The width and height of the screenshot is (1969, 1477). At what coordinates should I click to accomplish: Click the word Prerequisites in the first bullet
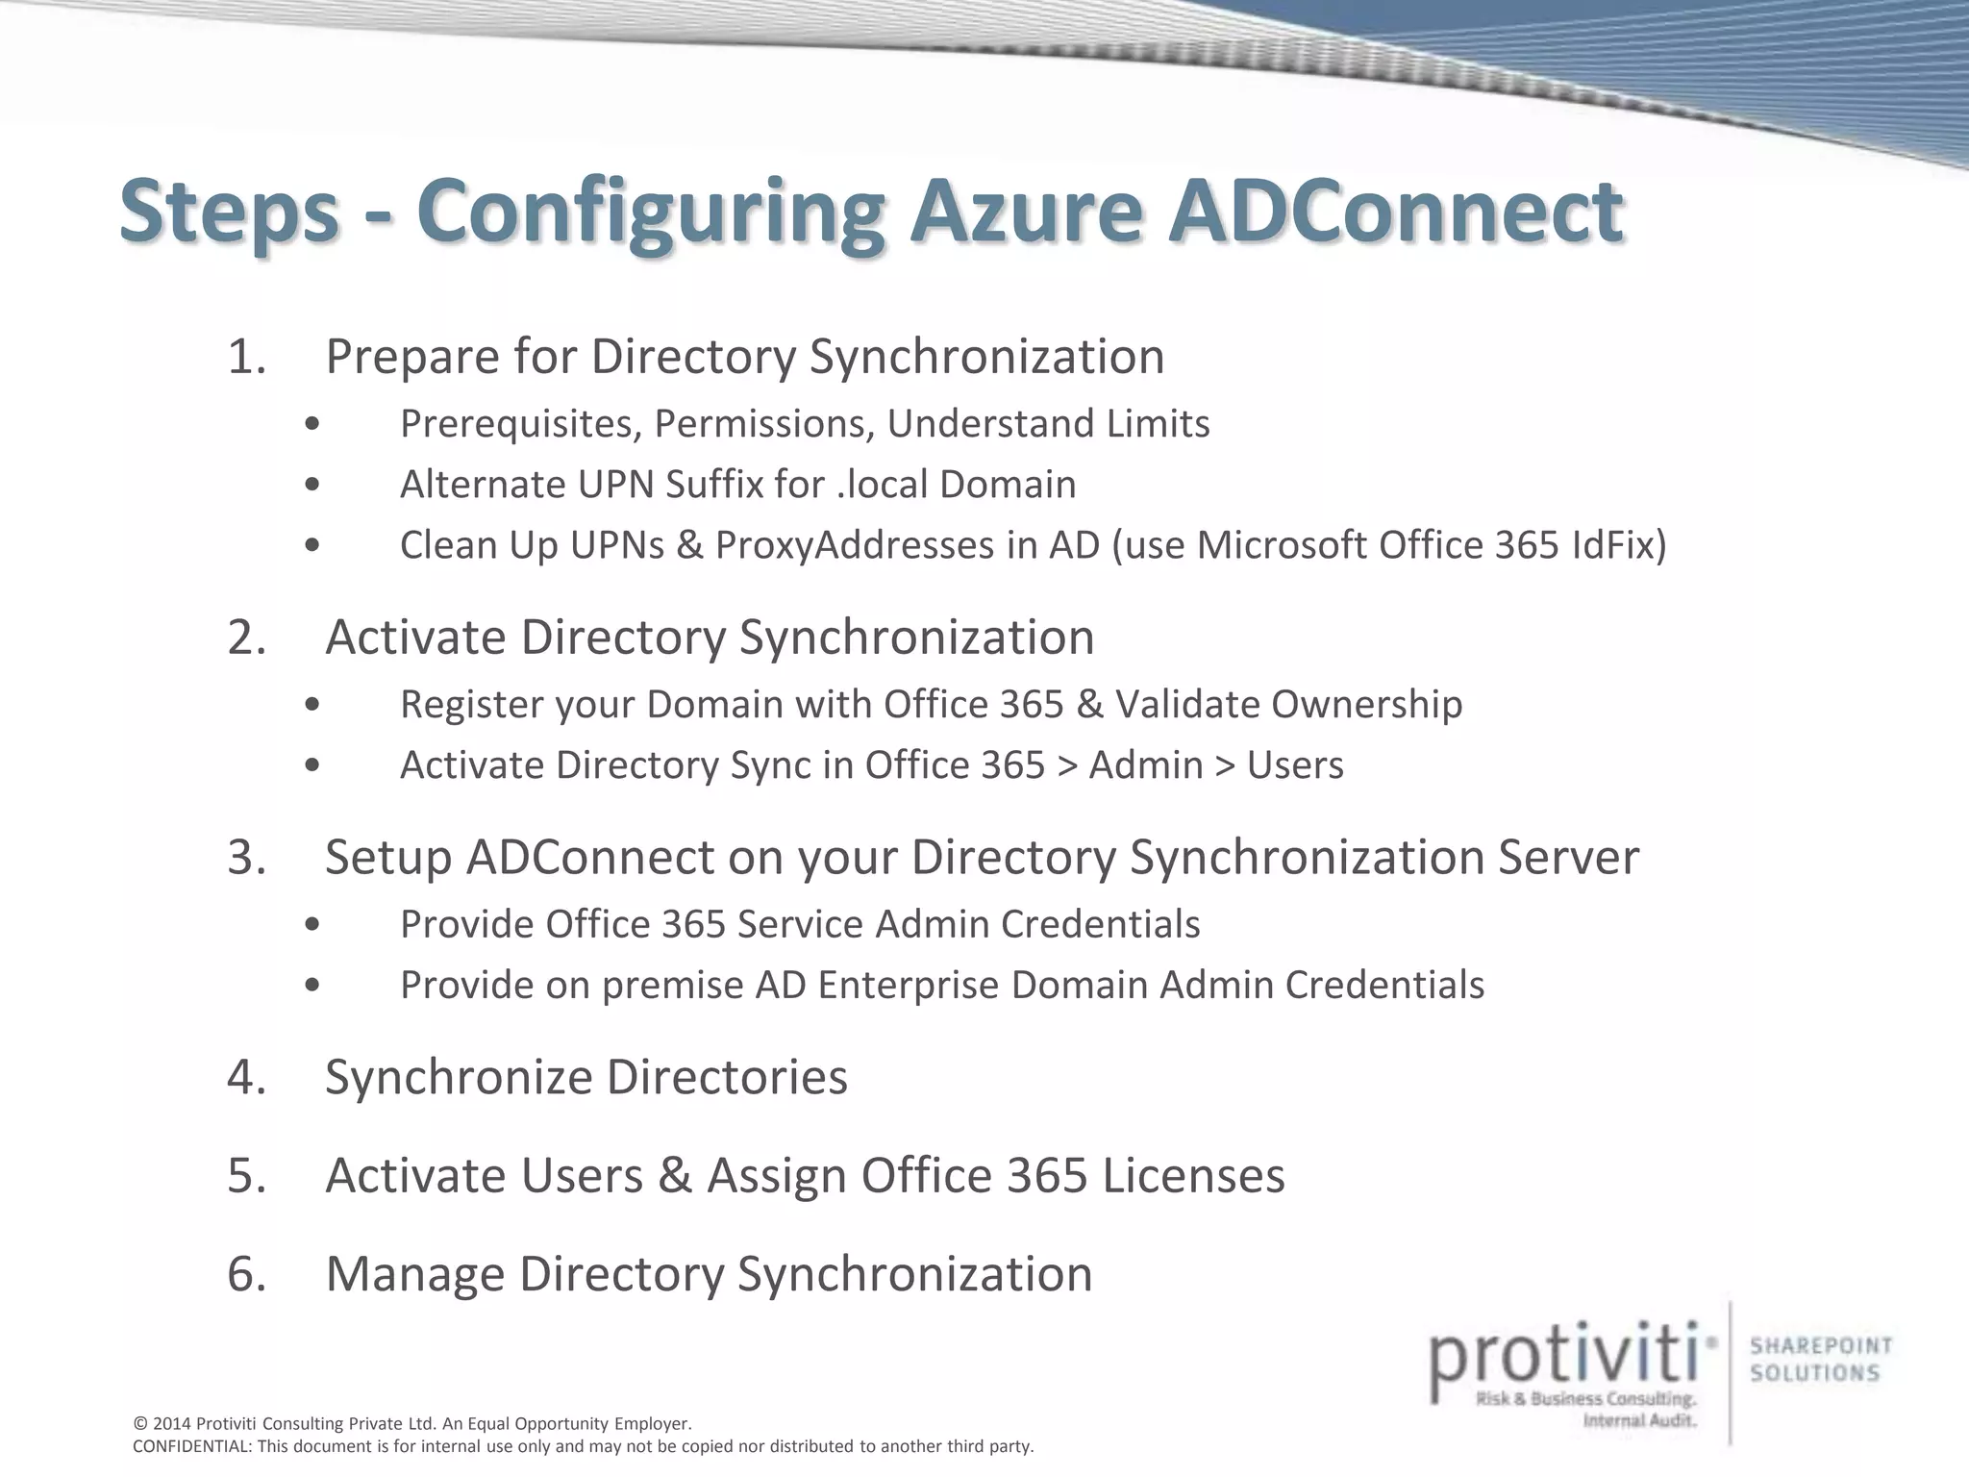(x=520, y=424)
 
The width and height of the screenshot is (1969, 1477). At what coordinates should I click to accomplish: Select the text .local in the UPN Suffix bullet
(x=882, y=485)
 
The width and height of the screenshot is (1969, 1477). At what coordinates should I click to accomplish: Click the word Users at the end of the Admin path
(x=1295, y=765)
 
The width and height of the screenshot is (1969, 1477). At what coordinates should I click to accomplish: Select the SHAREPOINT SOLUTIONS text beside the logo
(x=1820, y=1360)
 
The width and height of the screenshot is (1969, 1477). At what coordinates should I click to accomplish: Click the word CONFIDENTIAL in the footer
(x=191, y=1447)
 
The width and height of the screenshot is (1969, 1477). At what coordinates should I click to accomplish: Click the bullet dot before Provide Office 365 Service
(x=312, y=924)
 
